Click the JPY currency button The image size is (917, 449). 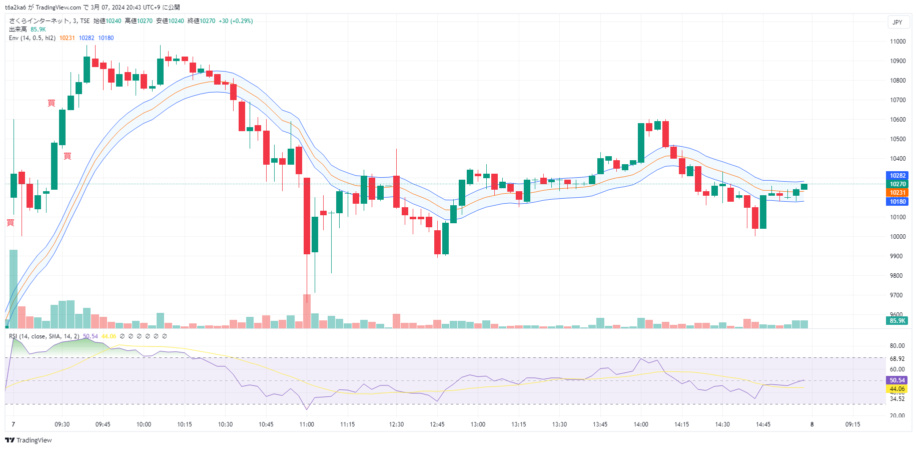click(x=897, y=23)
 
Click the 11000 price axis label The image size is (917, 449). click(x=897, y=42)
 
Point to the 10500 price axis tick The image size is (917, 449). click(x=897, y=139)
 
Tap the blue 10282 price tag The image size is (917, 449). click(x=897, y=176)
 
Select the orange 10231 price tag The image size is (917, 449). click(x=897, y=193)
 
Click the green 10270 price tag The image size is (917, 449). click(x=897, y=184)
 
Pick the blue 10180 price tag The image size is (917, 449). click(x=897, y=202)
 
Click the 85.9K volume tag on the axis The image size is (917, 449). click(x=897, y=321)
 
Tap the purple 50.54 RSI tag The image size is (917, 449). click(x=897, y=380)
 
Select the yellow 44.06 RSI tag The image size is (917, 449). click(x=897, y=389)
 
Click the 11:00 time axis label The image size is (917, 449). click(x=307, y=424)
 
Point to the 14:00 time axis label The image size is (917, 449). click(x=641, y=424)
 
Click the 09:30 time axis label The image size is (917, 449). click(x=62, y=424)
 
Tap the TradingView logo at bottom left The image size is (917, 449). click(x=29, y=440)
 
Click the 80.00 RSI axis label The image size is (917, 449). click(x=897, y=346)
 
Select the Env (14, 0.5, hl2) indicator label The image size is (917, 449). click(x=32, y=38)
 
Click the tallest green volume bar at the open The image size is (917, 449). click(x=14, y=289)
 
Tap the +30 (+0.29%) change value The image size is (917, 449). click(x=236, y=21)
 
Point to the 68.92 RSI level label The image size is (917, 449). click(x=897, y=359)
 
